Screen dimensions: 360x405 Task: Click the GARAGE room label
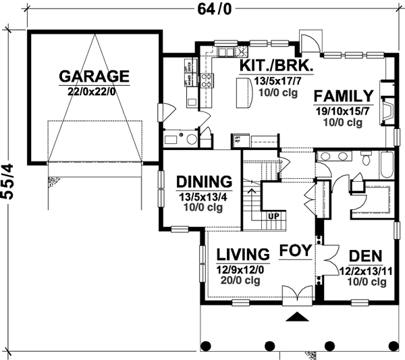(94, 75)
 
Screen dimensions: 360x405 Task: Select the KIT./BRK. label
(275, 66)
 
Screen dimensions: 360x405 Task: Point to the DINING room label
(204, 182)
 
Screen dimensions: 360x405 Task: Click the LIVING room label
(243, 255)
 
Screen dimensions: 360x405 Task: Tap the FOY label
(296, 249)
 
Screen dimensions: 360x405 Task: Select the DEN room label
(364, 256)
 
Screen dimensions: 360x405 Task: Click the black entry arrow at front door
(296, 316)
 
